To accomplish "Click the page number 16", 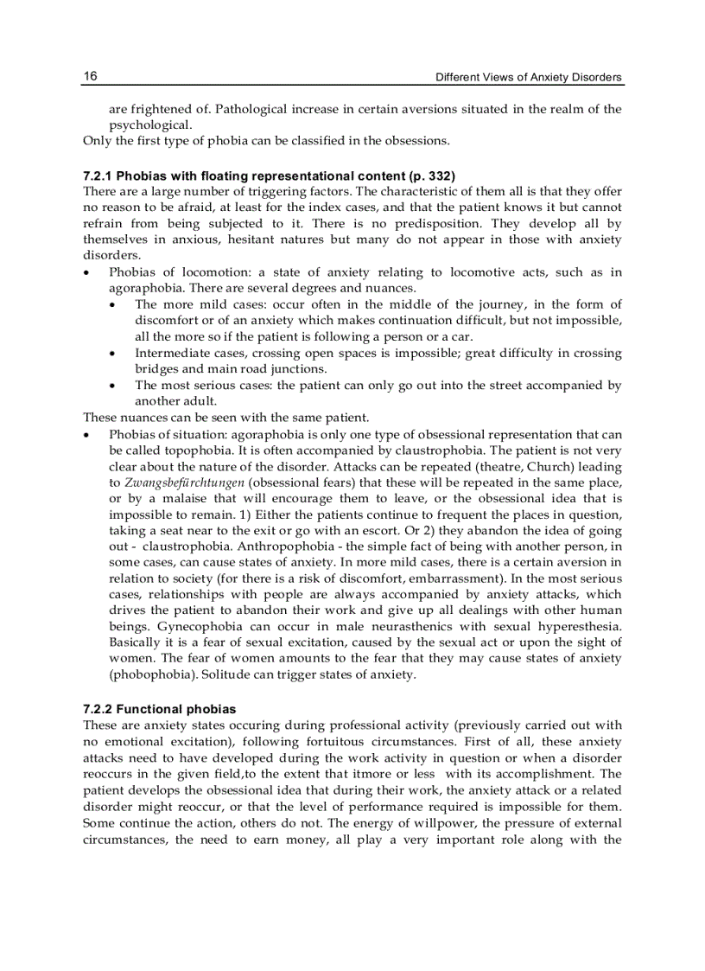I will (90, 76).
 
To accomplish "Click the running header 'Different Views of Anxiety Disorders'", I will (528, 77).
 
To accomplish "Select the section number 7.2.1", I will (99, 176).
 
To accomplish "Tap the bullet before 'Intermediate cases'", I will (114, 353).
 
